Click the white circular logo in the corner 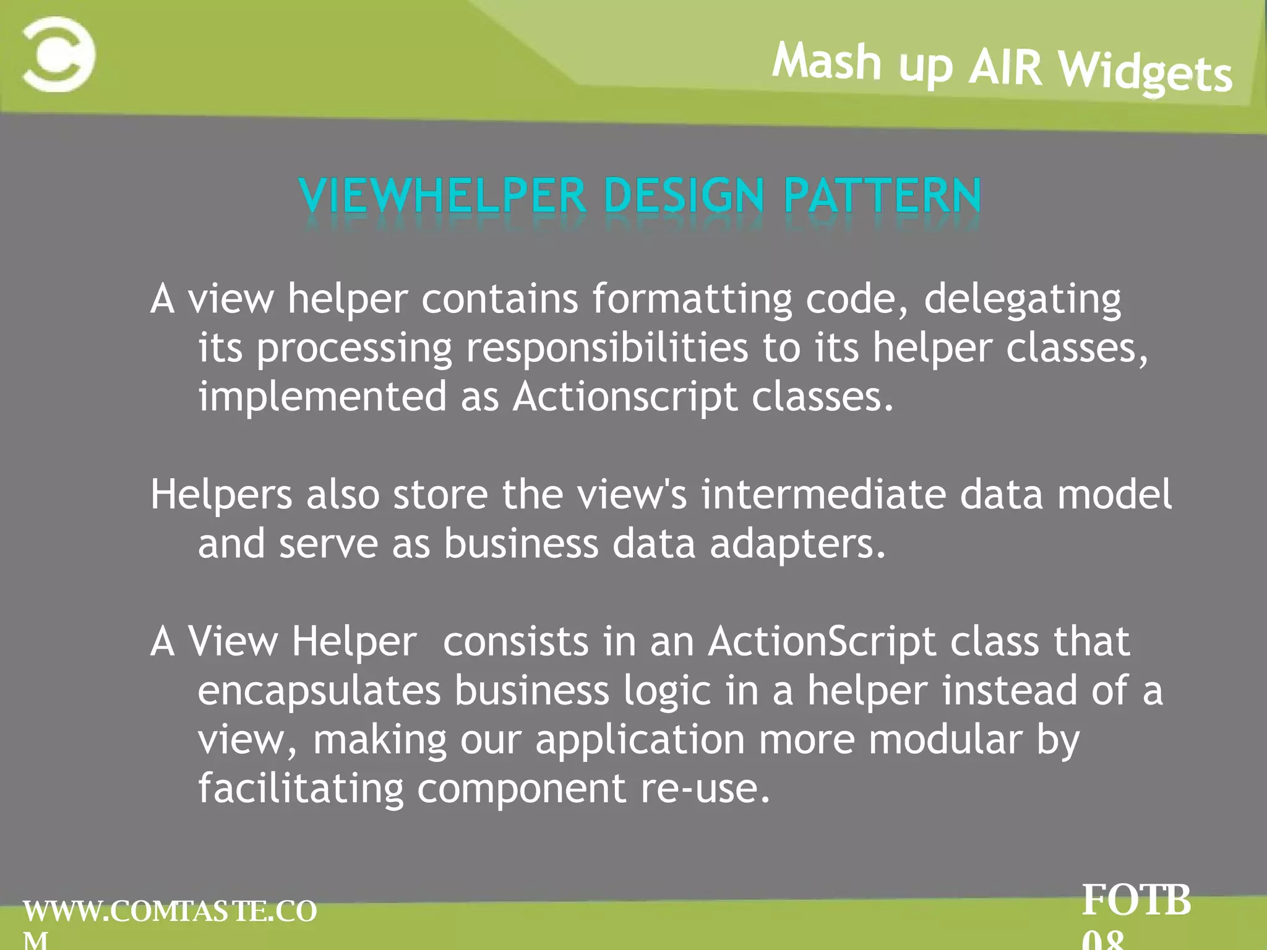59,54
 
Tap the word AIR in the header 1005,67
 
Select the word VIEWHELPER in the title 442,196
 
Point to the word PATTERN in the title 882,196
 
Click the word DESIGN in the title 684,196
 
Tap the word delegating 1022,299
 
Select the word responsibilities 607,348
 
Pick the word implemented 322,396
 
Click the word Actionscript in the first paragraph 625,396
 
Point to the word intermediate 823,495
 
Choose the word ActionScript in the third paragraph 822,641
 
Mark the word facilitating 301,789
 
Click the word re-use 705,789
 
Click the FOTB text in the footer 1136,901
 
